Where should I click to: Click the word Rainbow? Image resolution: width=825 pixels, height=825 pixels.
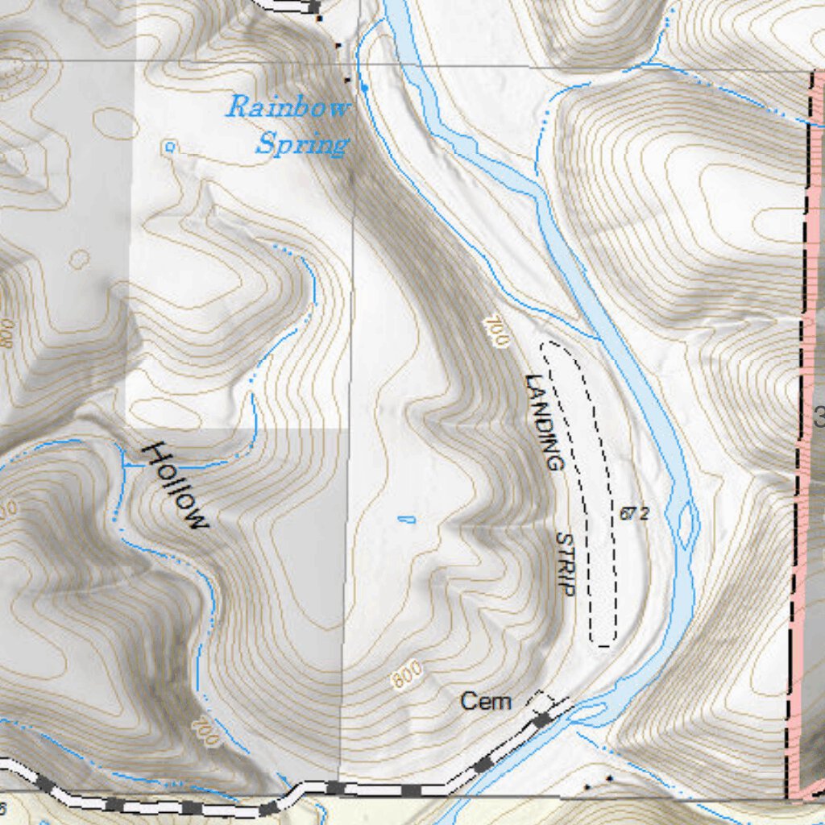coord(288,108)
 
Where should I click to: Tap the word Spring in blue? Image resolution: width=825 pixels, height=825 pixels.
coord(303,145)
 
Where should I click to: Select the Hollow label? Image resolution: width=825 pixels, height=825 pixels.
coord(175,486)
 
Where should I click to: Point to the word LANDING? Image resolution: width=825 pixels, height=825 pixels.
coord(541,422)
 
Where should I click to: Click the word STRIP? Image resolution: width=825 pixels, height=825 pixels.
coord(566,563)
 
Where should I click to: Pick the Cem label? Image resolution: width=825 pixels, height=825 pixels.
coord(486,702)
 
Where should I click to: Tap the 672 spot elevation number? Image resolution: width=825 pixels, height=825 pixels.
coord(634,513)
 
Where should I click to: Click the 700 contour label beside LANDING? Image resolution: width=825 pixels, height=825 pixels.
coord(497,331)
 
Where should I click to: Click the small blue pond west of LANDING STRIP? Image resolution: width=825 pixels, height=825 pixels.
coord(407,519)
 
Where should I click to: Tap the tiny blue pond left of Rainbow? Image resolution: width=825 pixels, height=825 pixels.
coord(169,147)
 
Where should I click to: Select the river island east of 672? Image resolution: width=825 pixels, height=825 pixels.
coord(686,524)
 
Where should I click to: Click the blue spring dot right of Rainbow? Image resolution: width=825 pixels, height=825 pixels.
coord(364,86)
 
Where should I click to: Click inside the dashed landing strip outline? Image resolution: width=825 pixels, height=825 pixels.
coord(584,483)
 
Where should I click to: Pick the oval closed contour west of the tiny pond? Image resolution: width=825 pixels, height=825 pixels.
coord(115,123)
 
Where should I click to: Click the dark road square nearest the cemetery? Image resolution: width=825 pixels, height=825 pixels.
coord(542,718)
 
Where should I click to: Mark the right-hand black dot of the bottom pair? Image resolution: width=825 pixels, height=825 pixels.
coord(609,778)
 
